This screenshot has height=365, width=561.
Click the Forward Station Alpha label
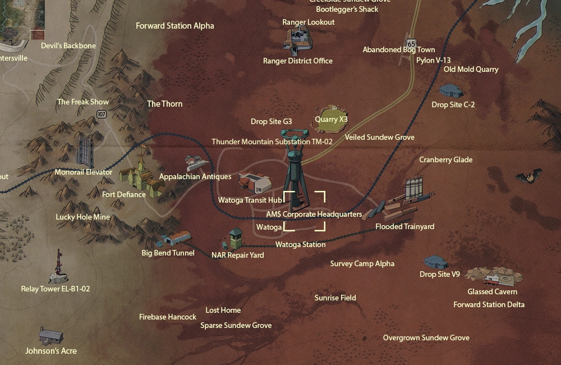pos(175,26)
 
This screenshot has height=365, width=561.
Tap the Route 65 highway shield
pos(412,43)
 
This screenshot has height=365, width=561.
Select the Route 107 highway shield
pos(101,114)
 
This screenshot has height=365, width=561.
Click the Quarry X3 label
pos(331,119)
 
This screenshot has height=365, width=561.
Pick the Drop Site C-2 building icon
pos(451,90)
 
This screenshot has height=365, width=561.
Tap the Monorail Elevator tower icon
pos(85,150)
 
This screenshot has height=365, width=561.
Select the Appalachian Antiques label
pos(195,176)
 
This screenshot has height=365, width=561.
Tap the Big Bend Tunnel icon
pos(175,239)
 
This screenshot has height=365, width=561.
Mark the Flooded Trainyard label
pos(404,227)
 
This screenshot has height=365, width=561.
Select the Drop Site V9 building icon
pos(435,262)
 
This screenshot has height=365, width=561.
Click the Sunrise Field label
pos(335,298)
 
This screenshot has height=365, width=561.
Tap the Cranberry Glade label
pos(446,159)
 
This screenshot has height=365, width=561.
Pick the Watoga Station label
pos(300,245)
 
